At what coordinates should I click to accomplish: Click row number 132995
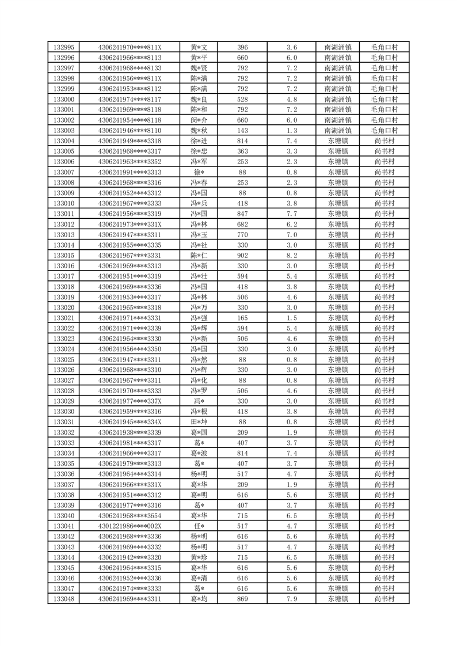click(63, 47)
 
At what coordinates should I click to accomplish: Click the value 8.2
click(291, 256)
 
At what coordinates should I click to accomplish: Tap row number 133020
click(63, 307)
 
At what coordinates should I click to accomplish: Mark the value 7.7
click(291, 214)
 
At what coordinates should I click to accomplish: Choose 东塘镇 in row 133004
click(337, 141)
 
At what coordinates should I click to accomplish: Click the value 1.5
click(291, 318)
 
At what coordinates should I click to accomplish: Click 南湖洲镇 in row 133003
click(337, 131)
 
